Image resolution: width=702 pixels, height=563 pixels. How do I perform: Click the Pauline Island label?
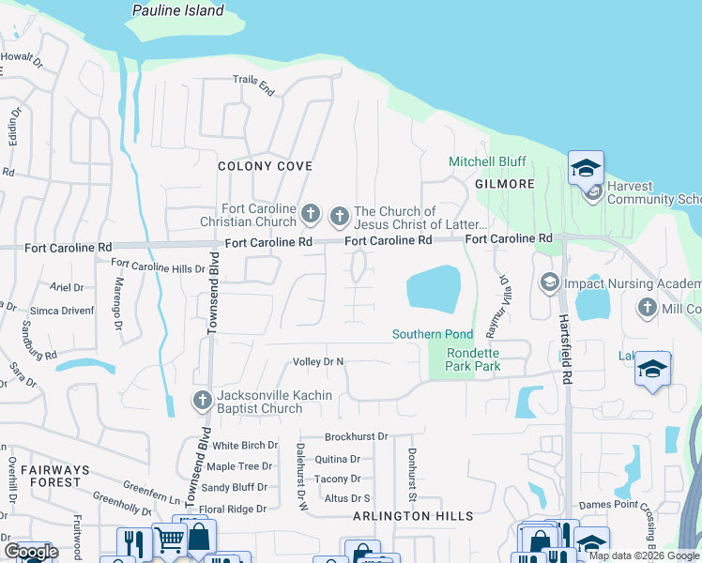(x=178, y=11)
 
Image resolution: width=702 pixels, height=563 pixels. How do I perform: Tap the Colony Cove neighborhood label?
(x=265, y=166)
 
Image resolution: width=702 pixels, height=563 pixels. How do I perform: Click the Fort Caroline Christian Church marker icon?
(x=312, y=216)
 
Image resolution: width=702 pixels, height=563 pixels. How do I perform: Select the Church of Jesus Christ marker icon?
(x=339, y=218)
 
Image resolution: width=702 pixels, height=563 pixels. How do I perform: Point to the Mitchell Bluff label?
(x=487, y=161)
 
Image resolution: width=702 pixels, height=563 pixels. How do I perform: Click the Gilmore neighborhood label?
(x=504, y=184)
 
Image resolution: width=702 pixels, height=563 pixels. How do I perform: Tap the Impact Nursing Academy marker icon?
(x=549, y=281)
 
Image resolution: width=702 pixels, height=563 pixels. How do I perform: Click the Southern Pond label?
(x=433, y=335)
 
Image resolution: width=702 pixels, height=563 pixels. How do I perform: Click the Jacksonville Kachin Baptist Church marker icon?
(x=202, y=401)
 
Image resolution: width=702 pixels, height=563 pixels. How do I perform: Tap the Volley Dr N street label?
(x=319, y=361)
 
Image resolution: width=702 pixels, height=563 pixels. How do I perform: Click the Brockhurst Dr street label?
(x=356, y=437)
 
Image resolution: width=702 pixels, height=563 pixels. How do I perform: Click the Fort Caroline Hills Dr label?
(x=158, y=267)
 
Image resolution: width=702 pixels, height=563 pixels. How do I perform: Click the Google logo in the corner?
(x=31, y=552)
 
